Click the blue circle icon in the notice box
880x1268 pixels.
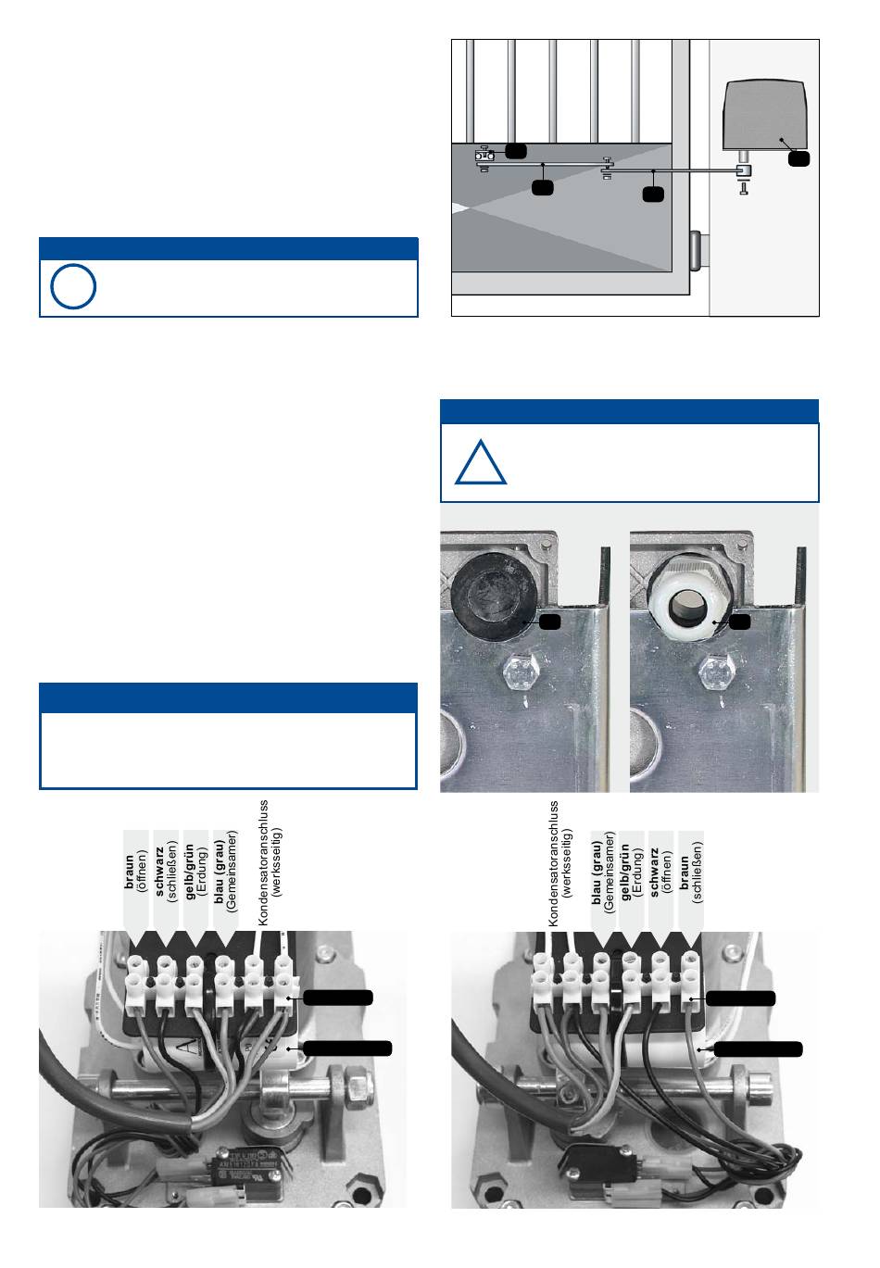pyautogui.click(x=72, y=287)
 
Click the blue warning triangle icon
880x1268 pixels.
pyautogui.click(x=481, y=464)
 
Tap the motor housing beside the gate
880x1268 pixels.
pyautogui.click(x=765, y=116)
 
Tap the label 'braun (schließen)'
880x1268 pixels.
pyautogui.click(x=689, y=871)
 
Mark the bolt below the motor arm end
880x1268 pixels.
pyautogui.click(x=743, y=188)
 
